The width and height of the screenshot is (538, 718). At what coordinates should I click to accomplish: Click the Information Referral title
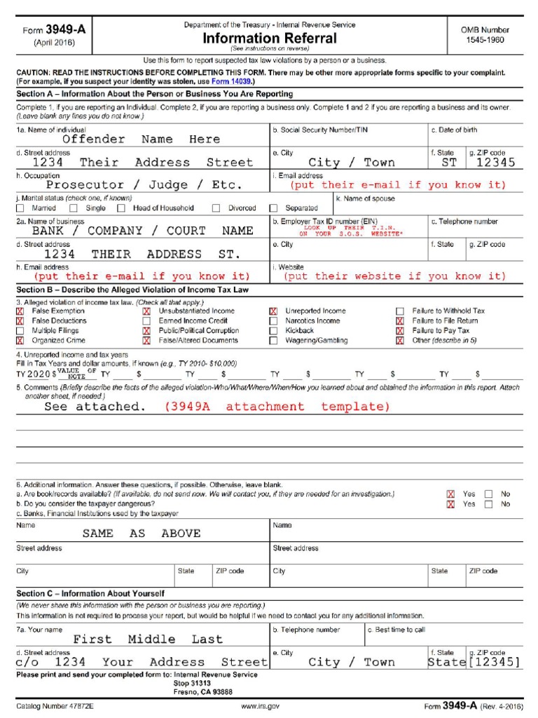[x=270, y=38]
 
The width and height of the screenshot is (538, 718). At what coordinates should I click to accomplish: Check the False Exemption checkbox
[x=20, y=311]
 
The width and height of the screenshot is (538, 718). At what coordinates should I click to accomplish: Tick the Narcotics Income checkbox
[x=273, y=320]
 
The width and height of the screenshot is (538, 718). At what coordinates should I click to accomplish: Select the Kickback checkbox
[x=273, y=330]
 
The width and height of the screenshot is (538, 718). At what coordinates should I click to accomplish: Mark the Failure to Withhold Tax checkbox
[x=400, y=311]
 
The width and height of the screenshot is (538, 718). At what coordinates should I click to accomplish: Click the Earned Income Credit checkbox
[x=146, y=320]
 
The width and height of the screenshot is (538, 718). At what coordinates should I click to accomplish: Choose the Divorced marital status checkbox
[x=216, y=208]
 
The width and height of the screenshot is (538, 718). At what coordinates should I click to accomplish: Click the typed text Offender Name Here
[x=141, y=139]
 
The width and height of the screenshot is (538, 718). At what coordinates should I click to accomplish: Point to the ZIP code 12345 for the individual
[x=495, y=162]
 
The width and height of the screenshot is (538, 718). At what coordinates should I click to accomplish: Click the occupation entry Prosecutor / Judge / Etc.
[x=144, y=185]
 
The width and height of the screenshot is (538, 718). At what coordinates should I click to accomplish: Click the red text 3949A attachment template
[x=277, y=407]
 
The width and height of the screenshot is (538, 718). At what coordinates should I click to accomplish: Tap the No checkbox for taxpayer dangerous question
[x=489, y=504]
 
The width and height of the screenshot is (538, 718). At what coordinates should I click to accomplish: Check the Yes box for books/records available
[x=451, y=494]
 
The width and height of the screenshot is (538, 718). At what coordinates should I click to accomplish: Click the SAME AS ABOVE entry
[x=141, y=533]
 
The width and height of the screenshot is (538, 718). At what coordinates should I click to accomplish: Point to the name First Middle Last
[x=148, y=639]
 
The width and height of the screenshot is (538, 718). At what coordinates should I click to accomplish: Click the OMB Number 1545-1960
[x=485, y=35]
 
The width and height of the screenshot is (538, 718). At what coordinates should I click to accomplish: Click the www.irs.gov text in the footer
[x=261, y=706]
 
